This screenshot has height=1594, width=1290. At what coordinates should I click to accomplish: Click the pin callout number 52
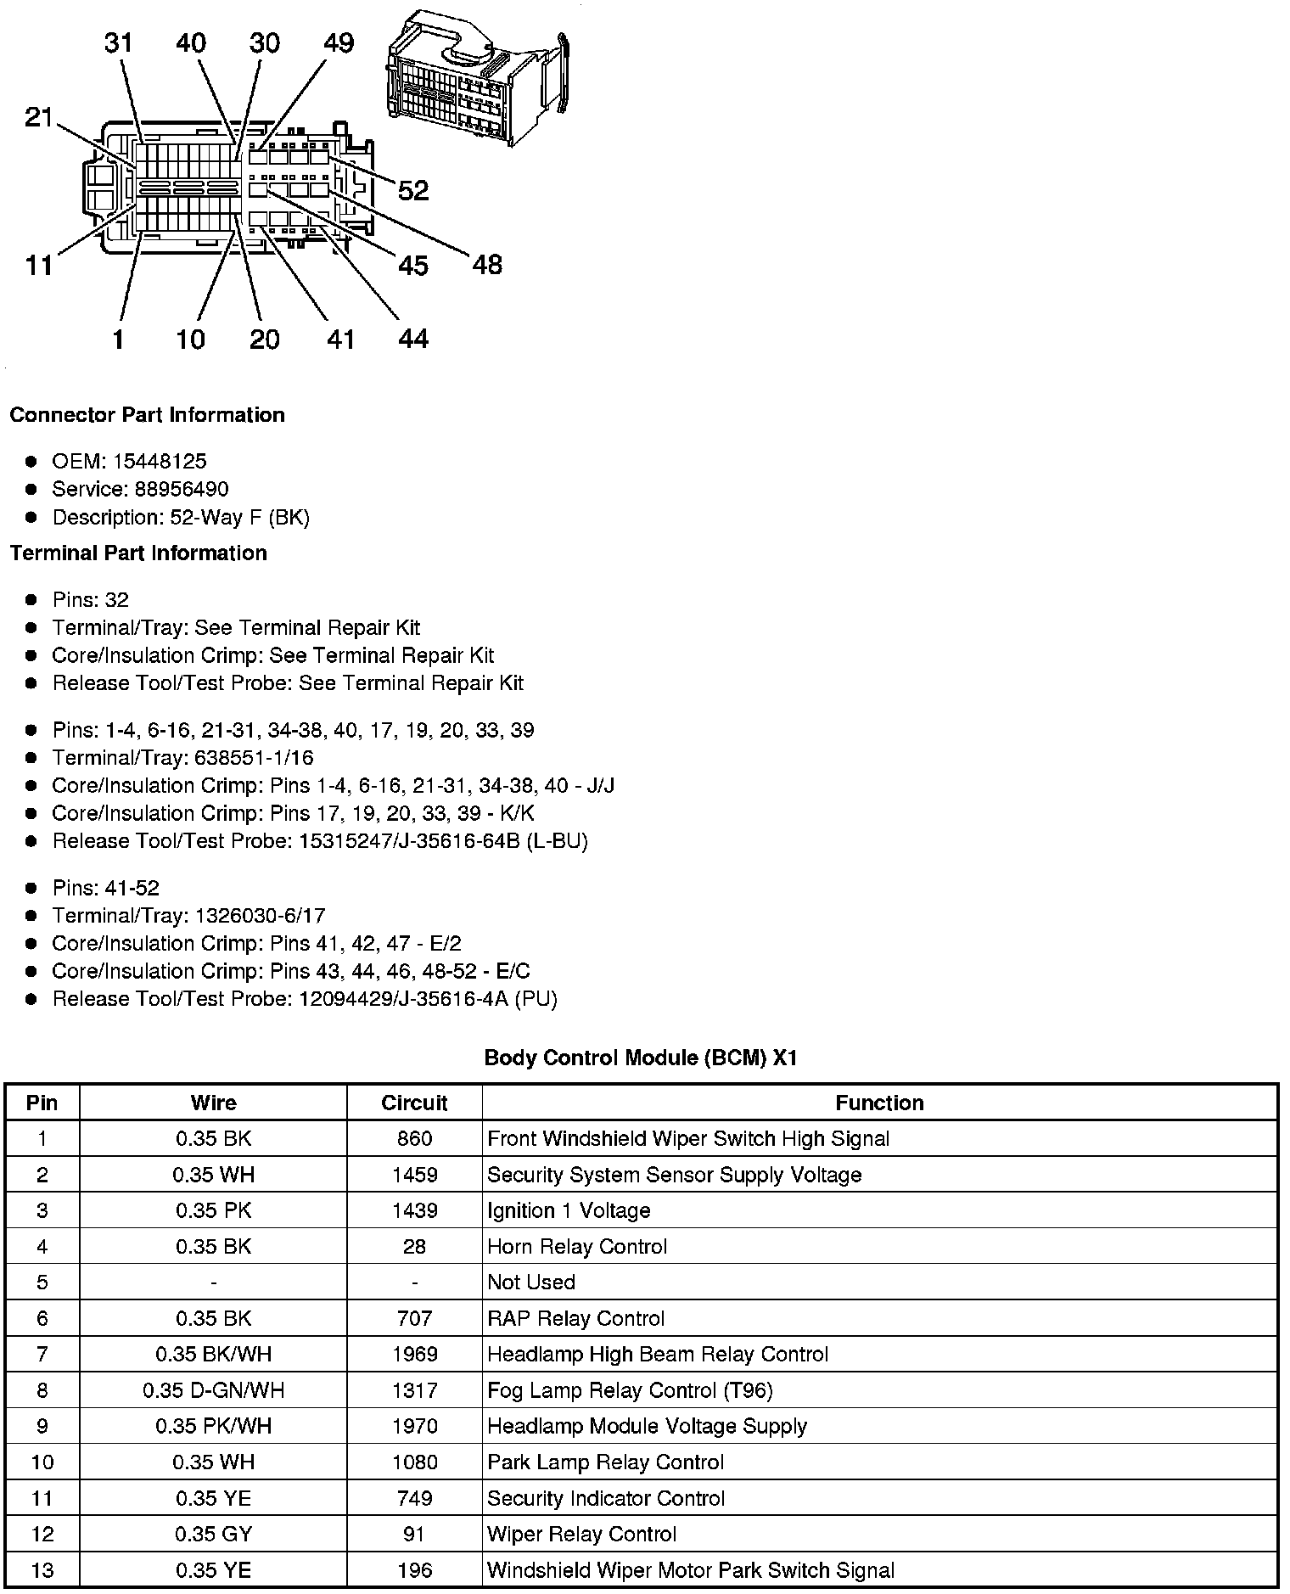coord(413,190)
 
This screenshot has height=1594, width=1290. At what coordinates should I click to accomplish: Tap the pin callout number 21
coord(39,117)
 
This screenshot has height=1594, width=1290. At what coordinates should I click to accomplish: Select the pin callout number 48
coord(487,265)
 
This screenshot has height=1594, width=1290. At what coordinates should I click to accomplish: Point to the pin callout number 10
coord(191,340)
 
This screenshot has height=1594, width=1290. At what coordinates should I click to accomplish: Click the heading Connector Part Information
coord(147,415)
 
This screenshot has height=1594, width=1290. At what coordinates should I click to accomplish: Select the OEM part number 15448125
coord(160,462)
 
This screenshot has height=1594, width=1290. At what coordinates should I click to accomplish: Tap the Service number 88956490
coord(182,490)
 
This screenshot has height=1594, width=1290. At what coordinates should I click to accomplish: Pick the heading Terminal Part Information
coord(138,553)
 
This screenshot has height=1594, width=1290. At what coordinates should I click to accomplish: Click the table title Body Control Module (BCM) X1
coord(641,1058)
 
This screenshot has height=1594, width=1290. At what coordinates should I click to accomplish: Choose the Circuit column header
coord(414,1103)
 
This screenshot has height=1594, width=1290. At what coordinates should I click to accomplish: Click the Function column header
coord(879,1103)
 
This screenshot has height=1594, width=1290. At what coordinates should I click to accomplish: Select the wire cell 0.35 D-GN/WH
coord(214,1390)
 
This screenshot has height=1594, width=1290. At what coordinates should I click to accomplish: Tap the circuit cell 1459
coord(414,1175)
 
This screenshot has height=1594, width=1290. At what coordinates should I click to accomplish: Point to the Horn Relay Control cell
coord(577,1247)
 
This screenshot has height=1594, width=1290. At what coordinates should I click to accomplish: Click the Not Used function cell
coord(531,1282)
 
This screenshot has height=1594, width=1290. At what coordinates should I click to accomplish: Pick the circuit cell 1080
coord(414,1462)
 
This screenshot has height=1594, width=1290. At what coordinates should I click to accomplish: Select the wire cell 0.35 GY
coord(214,1535)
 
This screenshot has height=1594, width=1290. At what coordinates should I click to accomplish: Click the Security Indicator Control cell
coord(606,1499)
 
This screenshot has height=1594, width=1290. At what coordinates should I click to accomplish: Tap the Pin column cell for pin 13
coord(42,1570)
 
